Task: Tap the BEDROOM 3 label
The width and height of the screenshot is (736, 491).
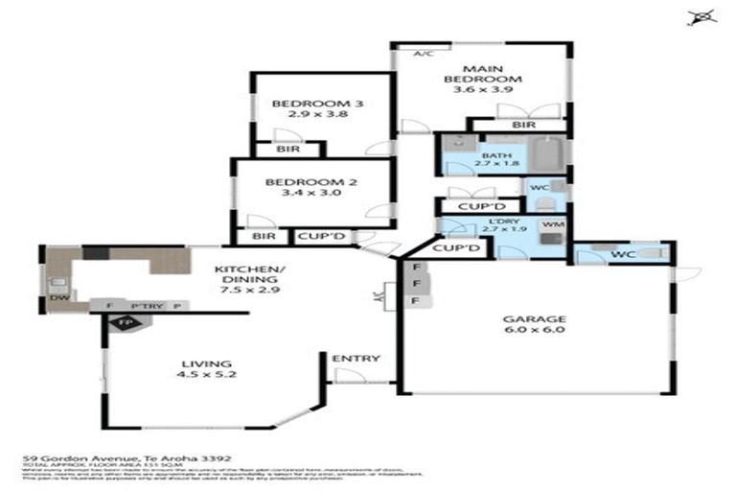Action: (308, 105)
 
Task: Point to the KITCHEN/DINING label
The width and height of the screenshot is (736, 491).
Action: (248, 270)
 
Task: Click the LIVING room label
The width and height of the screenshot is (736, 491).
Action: (206, 363)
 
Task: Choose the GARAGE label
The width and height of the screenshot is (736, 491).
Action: (534, 319)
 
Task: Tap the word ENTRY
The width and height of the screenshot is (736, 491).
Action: (356, 359)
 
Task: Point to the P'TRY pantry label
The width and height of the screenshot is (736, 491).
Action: (149, 306)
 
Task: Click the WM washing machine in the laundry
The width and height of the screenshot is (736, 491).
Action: (551, 224)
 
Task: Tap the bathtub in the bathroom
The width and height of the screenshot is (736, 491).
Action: (551, 153)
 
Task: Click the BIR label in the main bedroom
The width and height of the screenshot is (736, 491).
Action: (522, 125)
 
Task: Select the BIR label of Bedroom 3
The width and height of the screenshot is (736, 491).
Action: (286, 149)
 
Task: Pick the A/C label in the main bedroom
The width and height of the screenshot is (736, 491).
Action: (423, 54)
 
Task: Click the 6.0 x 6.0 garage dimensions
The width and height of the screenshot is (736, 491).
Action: (534, 332)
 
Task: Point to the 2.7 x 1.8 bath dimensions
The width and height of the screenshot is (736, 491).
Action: (499, 163)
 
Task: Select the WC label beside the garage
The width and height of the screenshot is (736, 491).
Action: (623, 254)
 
